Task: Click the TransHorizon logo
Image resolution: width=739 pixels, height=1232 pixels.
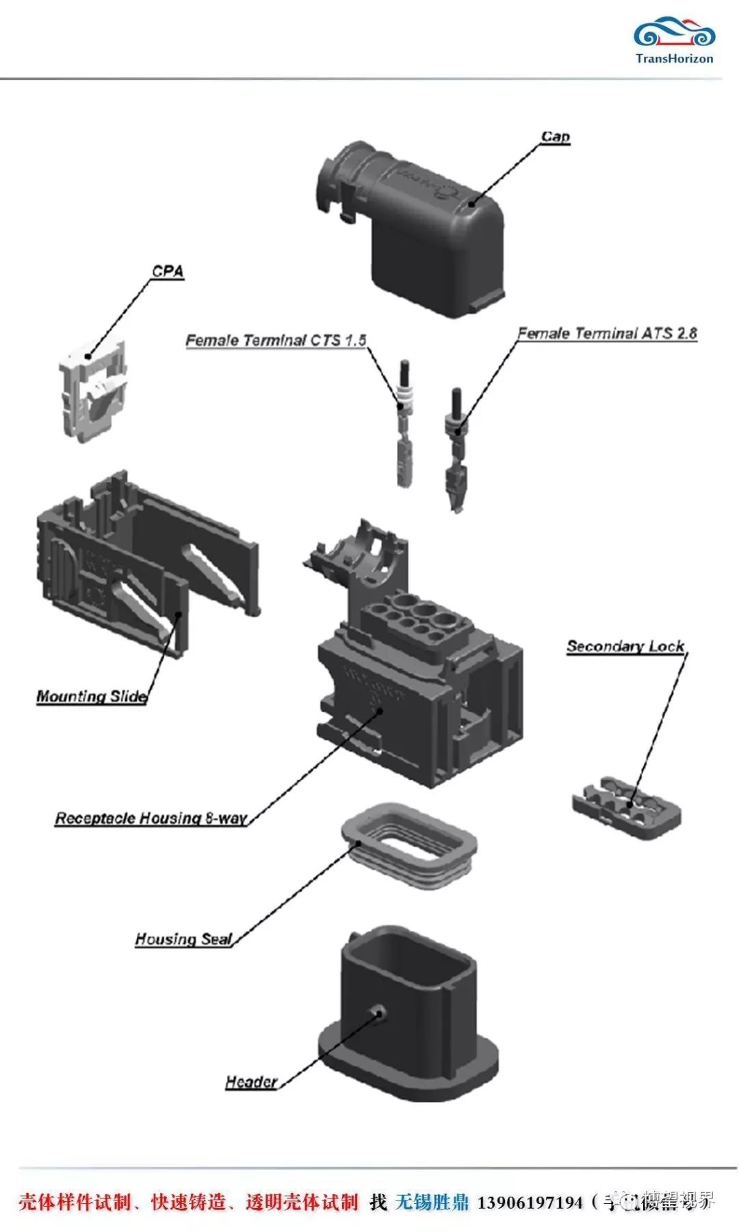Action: pos(674,40)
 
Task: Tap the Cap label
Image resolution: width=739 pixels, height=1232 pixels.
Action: pos(555,137)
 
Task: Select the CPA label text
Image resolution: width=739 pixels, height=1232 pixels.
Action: pos(168,271)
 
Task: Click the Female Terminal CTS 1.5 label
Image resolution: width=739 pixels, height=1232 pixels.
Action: pos(276,340)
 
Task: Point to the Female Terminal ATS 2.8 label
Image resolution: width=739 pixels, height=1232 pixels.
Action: pos(607,333)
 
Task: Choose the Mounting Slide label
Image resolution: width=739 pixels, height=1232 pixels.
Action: pos(92,696)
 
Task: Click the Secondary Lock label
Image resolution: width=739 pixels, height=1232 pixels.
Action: pos(625,646)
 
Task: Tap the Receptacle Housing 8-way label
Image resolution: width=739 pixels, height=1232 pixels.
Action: pos(151,818)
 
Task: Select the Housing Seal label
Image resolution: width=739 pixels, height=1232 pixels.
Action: pos(183,938)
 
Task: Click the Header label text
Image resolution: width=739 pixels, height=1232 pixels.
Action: pos(251,1081)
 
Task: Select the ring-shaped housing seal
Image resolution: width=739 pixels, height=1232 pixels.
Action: pos(409,845)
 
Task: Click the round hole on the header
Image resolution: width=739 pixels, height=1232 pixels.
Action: pos(378,1012)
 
